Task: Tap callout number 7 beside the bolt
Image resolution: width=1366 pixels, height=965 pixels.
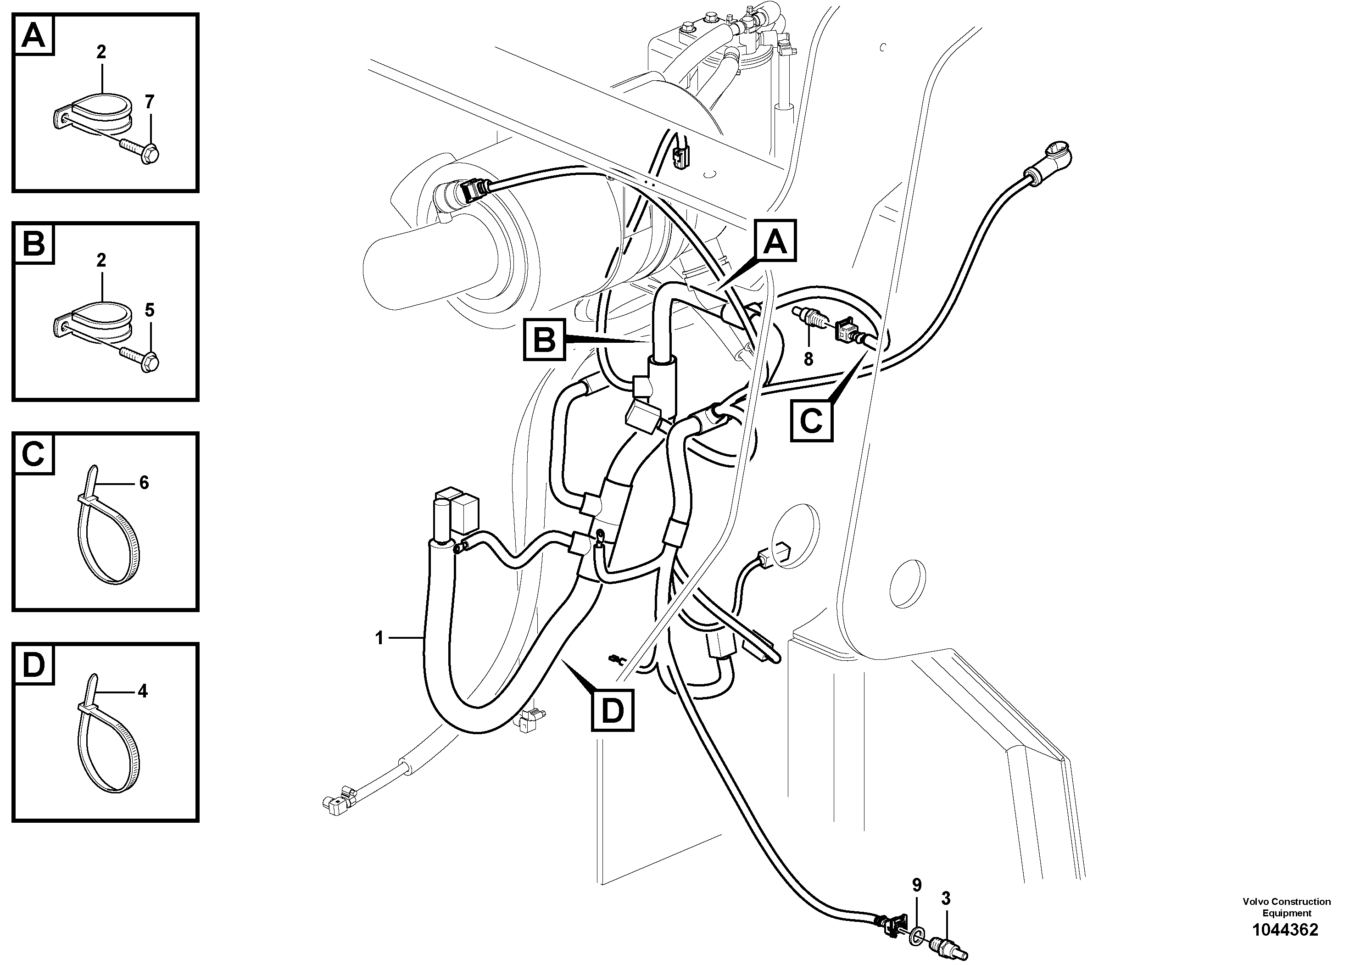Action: [149, 102]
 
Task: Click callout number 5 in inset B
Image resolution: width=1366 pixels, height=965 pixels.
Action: [149, 310]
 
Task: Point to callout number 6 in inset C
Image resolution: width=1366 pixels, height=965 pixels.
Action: [144, 483]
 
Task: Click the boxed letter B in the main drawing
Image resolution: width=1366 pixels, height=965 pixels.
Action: [544, 340]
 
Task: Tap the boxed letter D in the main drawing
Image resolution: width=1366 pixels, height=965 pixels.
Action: [612, 710]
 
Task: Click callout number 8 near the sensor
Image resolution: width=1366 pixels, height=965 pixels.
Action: [808, 360]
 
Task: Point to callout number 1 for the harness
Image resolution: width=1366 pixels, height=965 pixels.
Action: [379, 638]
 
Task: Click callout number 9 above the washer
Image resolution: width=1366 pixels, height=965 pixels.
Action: [917, 885]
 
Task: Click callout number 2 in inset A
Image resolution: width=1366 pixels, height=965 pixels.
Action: [101, 52]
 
